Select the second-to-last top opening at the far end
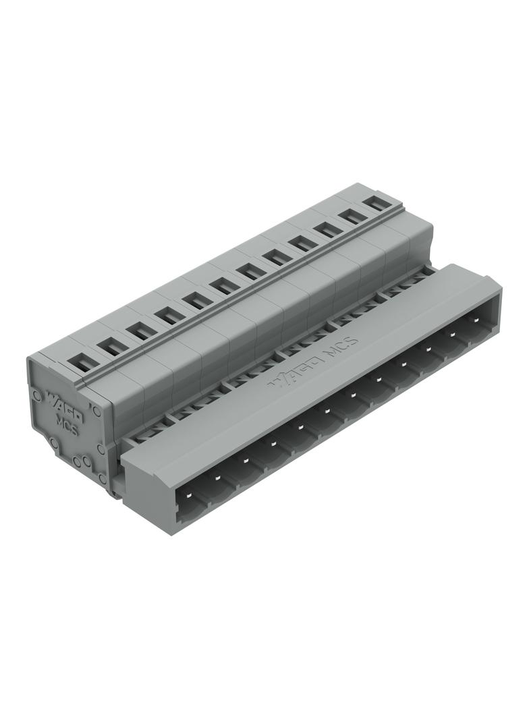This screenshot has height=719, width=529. click(350, 215)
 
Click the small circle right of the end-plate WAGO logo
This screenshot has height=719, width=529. click(96, 409)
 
